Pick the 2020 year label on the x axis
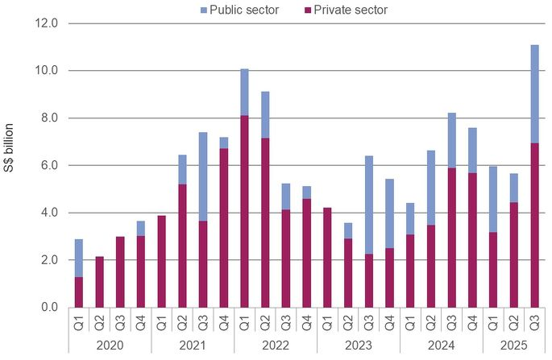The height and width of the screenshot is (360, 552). [109, 346]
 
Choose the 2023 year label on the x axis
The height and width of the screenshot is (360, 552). [359, 346]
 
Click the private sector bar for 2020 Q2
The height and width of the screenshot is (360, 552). [99, 282]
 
